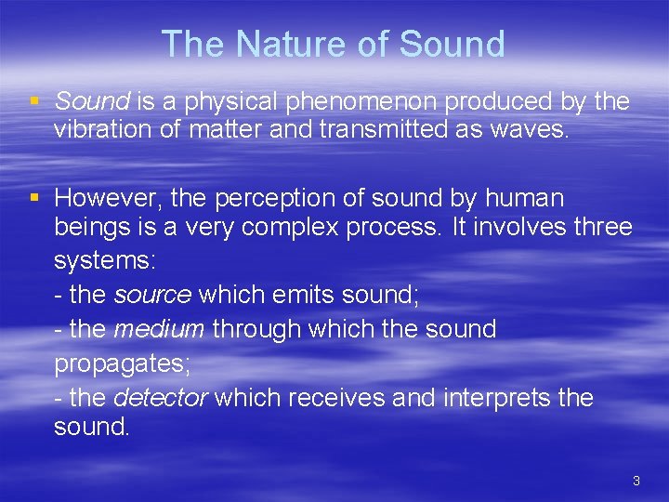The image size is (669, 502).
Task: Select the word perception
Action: (x=285, y=199)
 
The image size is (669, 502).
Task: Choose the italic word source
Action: (x=152, y=295)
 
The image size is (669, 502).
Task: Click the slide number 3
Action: (x=636, y=481)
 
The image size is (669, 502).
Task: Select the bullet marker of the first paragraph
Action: (x=35, y=100)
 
